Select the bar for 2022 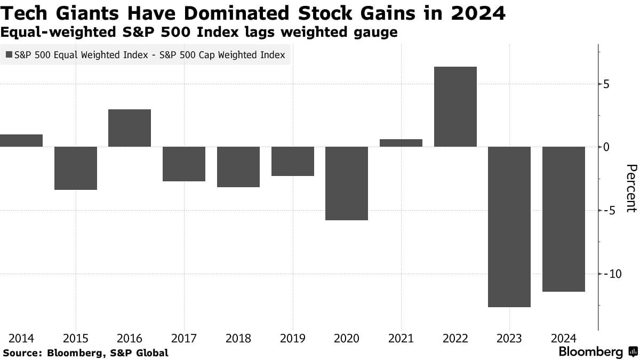click(x=455, y=107)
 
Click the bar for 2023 click(x=509, y=227)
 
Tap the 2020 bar click(x=347, y=183)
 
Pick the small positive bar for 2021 click(x=401, y=143)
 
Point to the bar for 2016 click(x=130, y=128)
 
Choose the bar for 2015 click(x=75, y=168)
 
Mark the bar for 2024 click(x=564, y=219)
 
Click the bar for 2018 click(x=238, y=167)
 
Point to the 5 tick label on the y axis click(x=607, y=84)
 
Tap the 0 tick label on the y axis click(x=607, y=147)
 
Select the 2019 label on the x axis click(x=292, y=338)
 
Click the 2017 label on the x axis click(x=184, y=338)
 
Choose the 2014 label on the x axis click(x=21, y=338)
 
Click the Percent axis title click(x=630, y=188)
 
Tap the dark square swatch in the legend click(x=9, y=55)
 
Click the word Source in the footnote click(x=22, y=353)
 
